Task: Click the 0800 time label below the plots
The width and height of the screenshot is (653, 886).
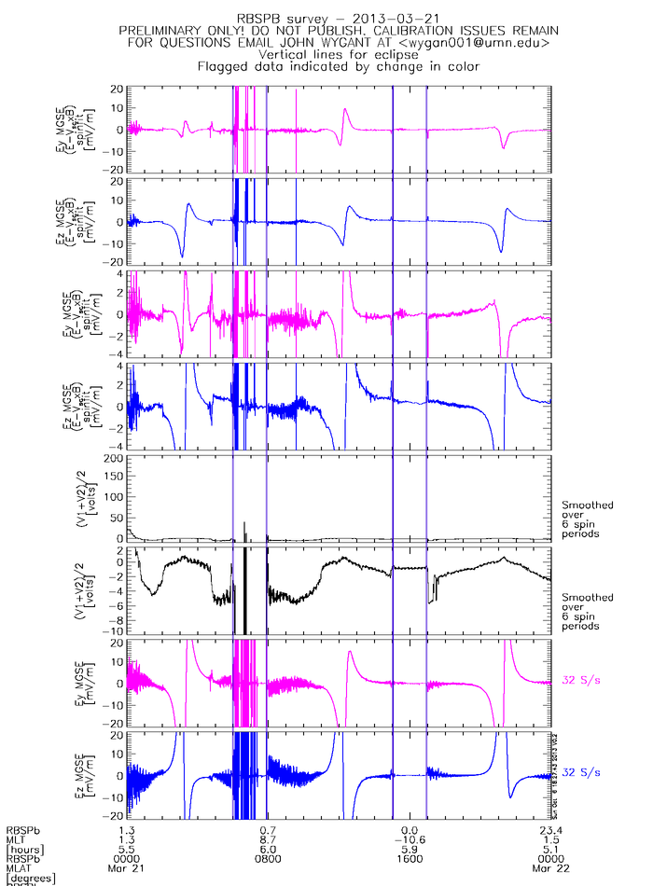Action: (x=269, y=859)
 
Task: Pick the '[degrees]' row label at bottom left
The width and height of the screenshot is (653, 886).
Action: (x=31, y=879)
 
